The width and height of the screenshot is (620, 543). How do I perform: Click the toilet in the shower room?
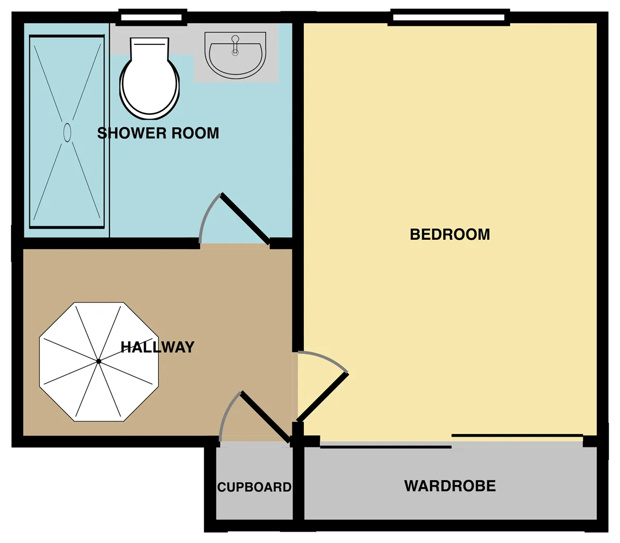point(149,78)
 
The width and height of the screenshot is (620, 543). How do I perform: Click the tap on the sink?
point(235,45)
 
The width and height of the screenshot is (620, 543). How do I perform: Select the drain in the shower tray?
point(67,132)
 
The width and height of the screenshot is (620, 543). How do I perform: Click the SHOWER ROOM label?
point(158,133)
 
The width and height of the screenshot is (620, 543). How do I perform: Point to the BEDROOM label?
point(450,235)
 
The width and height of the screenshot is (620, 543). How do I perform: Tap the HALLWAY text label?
point(158,347)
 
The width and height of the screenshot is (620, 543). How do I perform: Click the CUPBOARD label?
point(254,487)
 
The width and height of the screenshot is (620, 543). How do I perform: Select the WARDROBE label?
point(450,486)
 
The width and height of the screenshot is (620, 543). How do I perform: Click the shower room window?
point(151,18)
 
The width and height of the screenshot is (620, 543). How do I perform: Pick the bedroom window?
point(449,17)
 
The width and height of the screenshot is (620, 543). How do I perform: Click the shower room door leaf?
point(245,219)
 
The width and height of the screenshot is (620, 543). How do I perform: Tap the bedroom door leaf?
point(322,397)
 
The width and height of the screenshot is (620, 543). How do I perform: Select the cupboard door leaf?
point(266,419)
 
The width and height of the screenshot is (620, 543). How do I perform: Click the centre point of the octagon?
point(99,361)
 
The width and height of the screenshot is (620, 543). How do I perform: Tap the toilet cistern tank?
point(149,49)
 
